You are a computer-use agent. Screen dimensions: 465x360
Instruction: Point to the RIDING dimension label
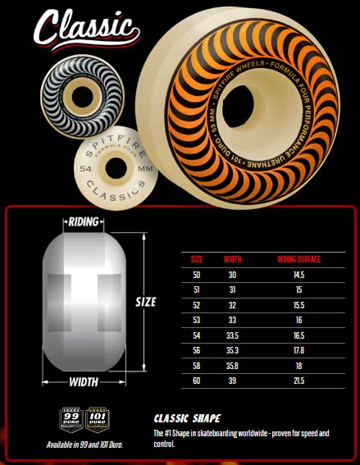tap(84, 222)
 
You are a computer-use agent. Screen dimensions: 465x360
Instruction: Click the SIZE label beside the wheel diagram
tap(145, 302)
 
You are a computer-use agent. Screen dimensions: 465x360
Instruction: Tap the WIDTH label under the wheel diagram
tap(84, 382)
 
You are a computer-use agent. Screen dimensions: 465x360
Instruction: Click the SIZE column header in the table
tap(197, 259)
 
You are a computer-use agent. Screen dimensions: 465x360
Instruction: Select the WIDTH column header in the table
tap(233, 259)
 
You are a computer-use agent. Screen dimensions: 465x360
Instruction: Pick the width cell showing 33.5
tap(233, 335)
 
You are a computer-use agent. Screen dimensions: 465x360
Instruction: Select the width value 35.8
tap(233, 366)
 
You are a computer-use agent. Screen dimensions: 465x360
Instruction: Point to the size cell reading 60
tap(197, 381)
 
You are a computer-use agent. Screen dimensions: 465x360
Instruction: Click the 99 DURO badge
tap(71, 417)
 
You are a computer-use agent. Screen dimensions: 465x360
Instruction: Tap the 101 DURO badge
tap(98, 417)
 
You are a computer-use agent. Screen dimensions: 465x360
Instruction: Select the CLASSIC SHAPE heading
tap(187, 417)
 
